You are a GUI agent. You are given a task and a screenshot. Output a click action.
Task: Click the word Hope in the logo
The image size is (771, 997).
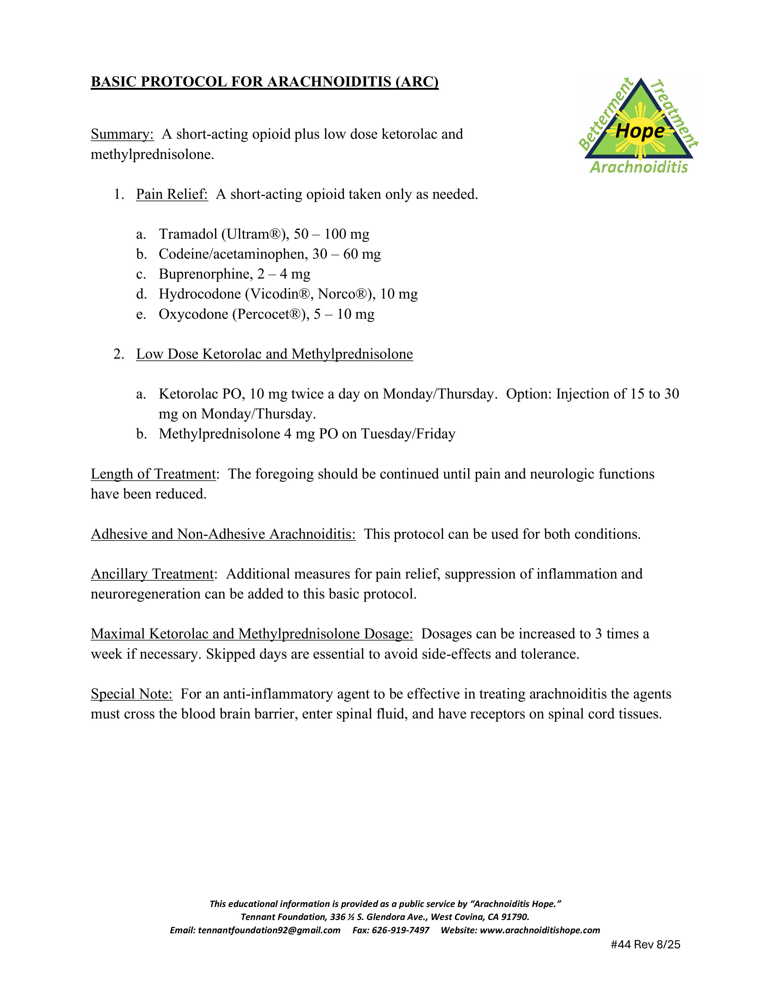click(x=640, y=131)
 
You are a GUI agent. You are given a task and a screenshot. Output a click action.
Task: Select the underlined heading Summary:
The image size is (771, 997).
click(x=122, y=134)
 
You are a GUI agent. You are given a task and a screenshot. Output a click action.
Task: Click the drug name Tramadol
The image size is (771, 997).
click(x=188, y=234)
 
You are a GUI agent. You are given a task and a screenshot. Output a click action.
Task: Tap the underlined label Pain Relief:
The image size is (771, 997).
click(x=172, y=195)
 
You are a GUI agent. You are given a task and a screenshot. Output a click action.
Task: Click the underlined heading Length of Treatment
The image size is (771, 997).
click(x=153, y=474)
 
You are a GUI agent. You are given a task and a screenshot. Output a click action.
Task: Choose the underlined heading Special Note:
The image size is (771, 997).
click(x=132, y=694)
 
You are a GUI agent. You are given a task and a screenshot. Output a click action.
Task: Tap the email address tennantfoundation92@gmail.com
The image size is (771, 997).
click(x=269, y=930)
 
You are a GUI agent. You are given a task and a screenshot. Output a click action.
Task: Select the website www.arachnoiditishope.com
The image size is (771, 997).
click(x=540, y=930)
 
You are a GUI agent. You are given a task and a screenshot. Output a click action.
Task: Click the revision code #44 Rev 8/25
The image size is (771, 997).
click(x=645, y=944)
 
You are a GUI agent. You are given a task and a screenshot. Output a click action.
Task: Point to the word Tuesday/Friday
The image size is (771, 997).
click(x=408, y=434)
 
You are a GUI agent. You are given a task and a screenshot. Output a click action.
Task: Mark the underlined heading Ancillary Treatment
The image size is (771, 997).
click(x=152, y=574)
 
